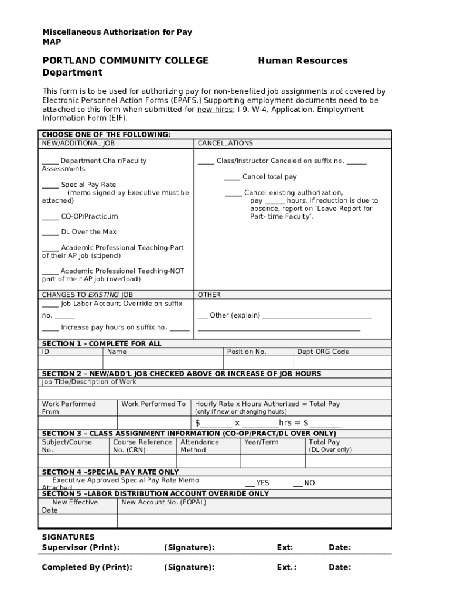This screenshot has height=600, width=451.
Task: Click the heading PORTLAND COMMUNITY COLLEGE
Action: [x=125, y=60]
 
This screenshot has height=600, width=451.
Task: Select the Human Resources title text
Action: [x=302, y=60]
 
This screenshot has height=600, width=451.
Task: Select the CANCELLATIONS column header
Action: [x=225, y=143]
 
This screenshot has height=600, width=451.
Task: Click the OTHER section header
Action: [x=209, y=295]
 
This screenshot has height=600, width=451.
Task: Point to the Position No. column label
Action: [x=247, y=352]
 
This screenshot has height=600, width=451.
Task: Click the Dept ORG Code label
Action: [x=323, y=352]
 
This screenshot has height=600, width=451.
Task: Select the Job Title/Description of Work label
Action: [x=89, y=382]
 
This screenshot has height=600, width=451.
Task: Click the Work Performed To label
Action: [x=153, y=404]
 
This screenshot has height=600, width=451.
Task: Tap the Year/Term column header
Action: [x=261, y=442]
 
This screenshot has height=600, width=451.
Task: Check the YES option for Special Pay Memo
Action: [x=250, y=484]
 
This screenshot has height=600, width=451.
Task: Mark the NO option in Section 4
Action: [x=298, y=484]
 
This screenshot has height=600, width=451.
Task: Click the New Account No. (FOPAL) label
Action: [x=163, y=502]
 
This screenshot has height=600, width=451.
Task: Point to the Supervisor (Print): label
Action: [x=80, y=547]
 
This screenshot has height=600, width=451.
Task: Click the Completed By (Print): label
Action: [x=87, y=567]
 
